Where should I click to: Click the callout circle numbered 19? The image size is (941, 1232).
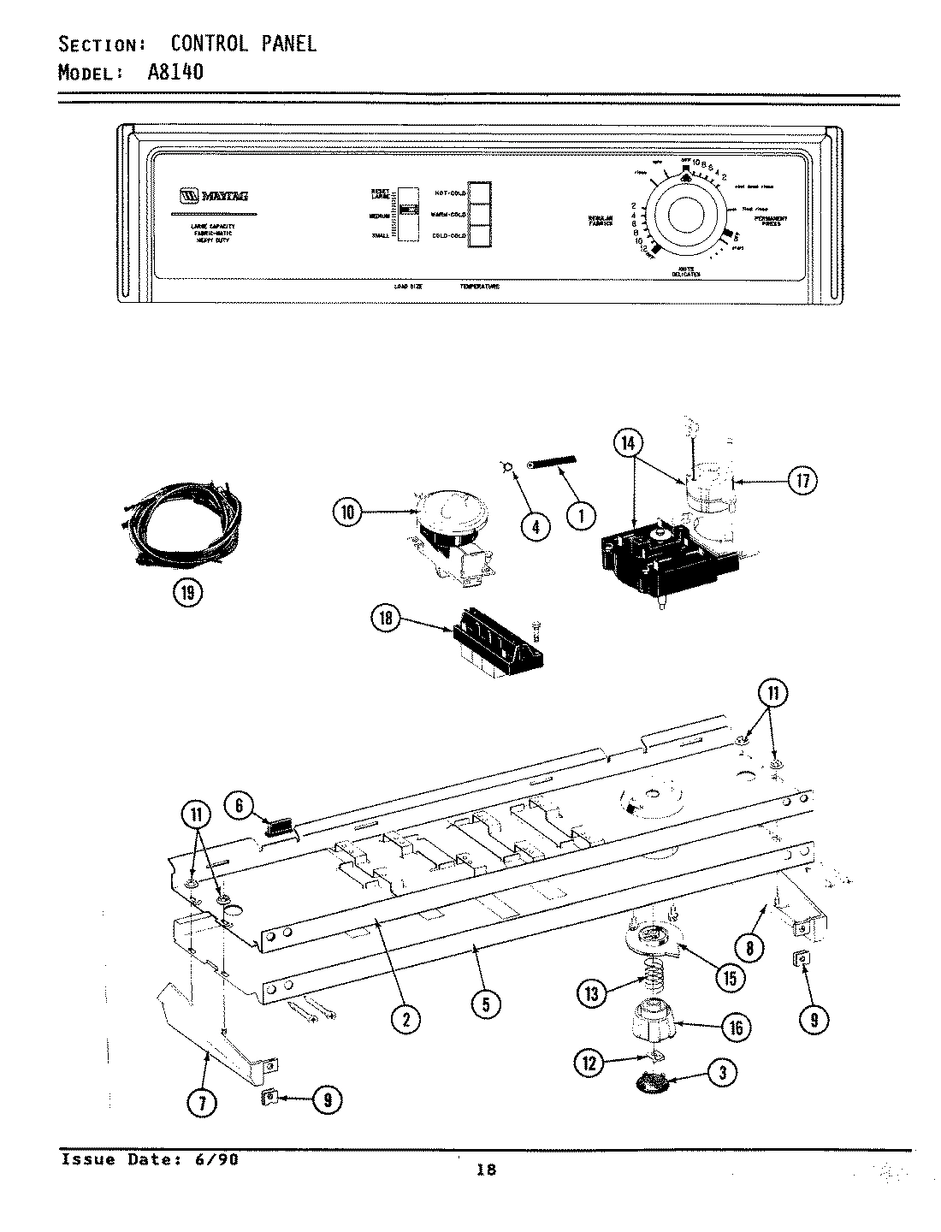pos(188,590)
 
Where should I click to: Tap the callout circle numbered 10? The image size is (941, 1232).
pos(348,513)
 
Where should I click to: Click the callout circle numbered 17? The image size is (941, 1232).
pos(801,481)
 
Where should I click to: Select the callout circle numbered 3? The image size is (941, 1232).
pos(723,1073)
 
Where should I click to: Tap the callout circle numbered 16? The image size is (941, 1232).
pos(736,1027)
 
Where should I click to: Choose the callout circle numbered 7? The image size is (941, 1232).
pos(203,1104)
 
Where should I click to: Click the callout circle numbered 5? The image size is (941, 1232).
pos(485,1006)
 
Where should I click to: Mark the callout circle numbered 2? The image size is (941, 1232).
pos(405,1017)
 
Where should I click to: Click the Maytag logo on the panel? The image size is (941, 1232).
pos(214,195)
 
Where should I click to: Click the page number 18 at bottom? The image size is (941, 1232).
pos(486,1170)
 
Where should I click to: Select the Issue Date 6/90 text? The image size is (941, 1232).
pos(150,1160)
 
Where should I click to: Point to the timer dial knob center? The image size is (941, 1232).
pos(687,215)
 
